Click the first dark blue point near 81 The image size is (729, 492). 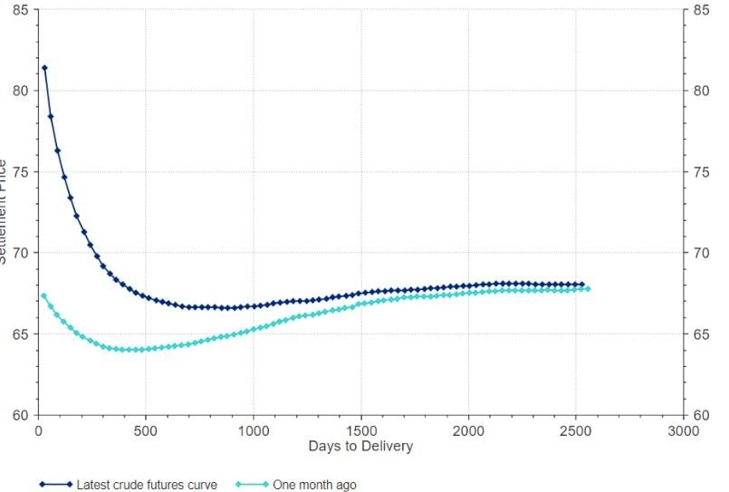(x=44, y=68)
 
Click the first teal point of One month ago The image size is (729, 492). (x=44, y=295)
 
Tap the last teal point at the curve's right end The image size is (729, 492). (x=588, y=288)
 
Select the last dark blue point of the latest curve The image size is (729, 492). (x=581, y=285)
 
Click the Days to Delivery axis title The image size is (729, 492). (x=360, y=446)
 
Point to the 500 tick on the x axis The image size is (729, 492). (x=146, y=430)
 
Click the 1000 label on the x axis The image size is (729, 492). (x=253, y=430)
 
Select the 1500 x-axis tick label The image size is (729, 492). (x=360, y=430)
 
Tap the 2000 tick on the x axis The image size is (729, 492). (x=468, y=430)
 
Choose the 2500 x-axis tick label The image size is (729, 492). (x=575, y=430)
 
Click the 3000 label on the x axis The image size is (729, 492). (x=682, y=430)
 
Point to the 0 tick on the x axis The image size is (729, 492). (x=38, y=430)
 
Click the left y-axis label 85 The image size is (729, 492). (x=20, y=10)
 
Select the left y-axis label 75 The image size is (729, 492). (x=20, y=172)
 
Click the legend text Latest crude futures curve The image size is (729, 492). (x=147, y=485)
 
